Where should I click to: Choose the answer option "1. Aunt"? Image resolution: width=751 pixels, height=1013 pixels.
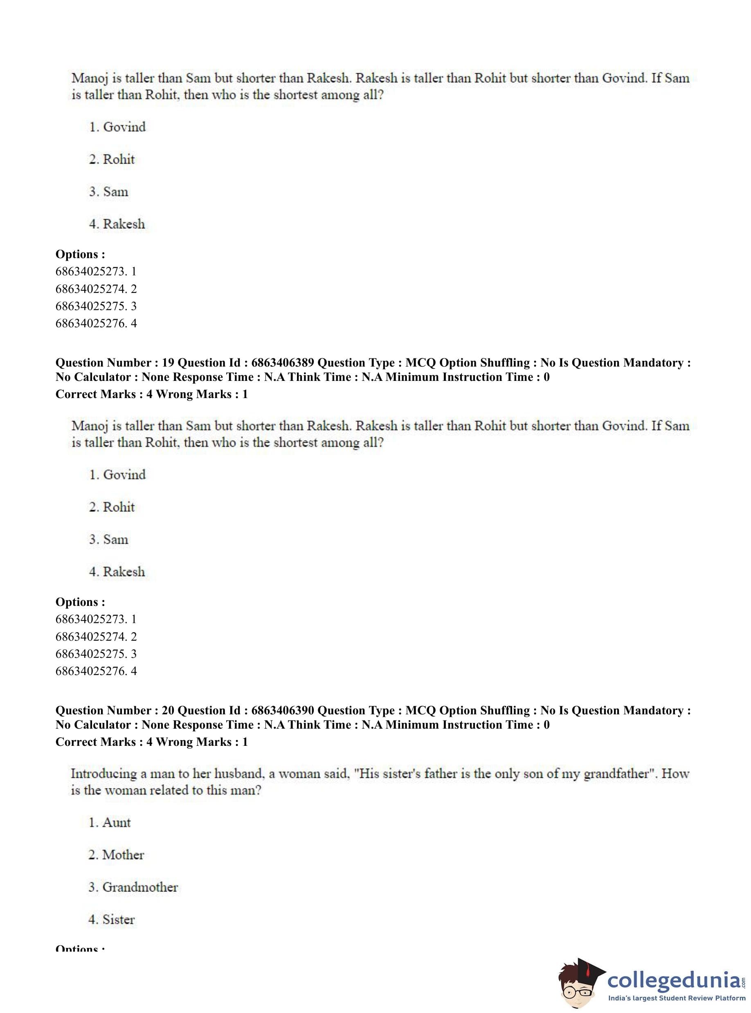click(x=110, y=822)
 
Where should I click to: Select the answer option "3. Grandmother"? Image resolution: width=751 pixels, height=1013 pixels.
click(x=133, y=887)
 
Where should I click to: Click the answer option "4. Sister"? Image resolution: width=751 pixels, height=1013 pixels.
click(x=111, y=919)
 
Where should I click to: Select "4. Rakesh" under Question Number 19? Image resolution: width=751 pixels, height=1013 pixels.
click(x=117, y=572)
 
